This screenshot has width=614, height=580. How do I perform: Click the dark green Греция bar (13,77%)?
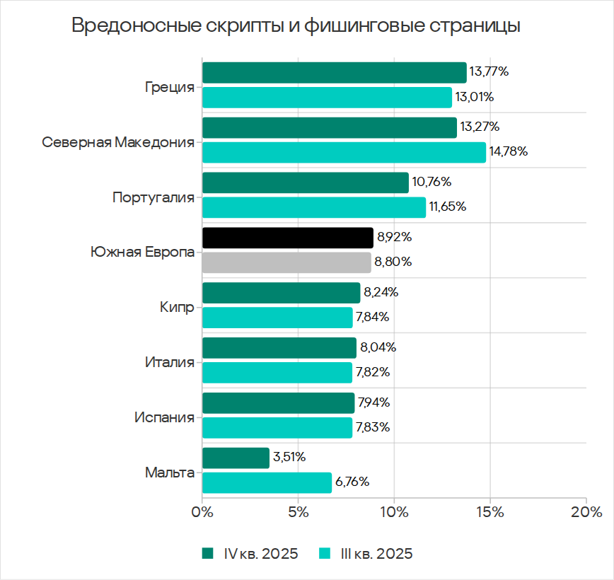tap(334, 73)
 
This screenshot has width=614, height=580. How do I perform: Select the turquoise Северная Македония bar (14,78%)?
tap(344, 152)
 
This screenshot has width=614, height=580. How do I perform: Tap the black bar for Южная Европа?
tap(287, 238)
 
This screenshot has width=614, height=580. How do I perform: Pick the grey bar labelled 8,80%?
tap(286, 262)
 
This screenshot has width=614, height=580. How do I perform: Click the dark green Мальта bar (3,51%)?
tap(236, 458)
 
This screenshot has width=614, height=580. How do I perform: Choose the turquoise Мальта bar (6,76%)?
tap(267, 482)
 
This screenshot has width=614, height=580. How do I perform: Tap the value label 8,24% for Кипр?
tap(381, 292)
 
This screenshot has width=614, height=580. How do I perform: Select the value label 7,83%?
tap(373, 427)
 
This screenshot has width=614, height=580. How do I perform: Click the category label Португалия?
tap(153, 197)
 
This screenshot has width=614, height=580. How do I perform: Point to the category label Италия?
tap(169, 363)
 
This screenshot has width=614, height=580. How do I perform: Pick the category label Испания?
tap(164, 418)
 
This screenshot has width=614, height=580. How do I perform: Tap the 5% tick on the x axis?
tap(298, 512)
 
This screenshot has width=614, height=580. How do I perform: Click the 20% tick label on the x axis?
tap(586, 512)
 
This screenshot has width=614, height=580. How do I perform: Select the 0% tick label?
tap(202, 512)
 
